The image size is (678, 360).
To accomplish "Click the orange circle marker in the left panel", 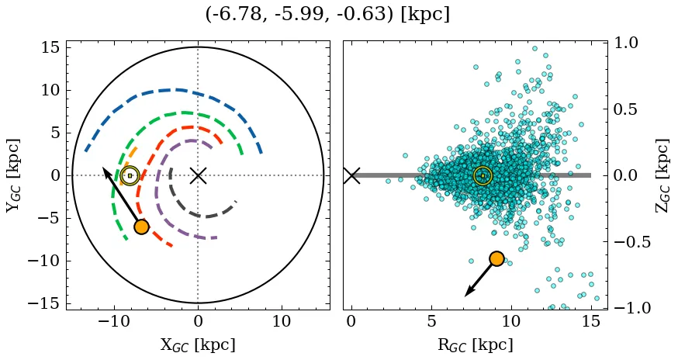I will pyautogui.click(x=141, y=227).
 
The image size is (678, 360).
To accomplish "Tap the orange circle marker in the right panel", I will pyautogui.click(x=496, y=258).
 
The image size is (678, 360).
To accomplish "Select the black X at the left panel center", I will pyautogui.click(x=198, y=175).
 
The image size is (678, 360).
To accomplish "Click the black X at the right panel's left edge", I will pyautogui.click(x=351, y=175).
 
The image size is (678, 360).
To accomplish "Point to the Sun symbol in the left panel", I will pyautogui.click(x=130, y=175).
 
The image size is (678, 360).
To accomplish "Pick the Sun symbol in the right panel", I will pyautogui.click(x=483, y=175).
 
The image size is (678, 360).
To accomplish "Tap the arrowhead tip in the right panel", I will pyautogui.click(x=465, y=296).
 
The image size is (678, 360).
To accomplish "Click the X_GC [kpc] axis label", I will pyautogui.click(x=198, y=345).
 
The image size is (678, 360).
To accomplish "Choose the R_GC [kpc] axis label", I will pyautogui.click(x=475, y=345).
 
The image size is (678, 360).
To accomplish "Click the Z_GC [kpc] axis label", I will pyautogui.click(x=662, y=175).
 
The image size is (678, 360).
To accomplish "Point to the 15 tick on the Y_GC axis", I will pyautogui.click(x=50, y=48).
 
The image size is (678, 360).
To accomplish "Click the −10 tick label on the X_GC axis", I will pyautogui.click(x=115, y=321).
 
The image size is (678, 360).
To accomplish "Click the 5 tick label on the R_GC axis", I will pyautogui.click(x=431, y=321).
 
